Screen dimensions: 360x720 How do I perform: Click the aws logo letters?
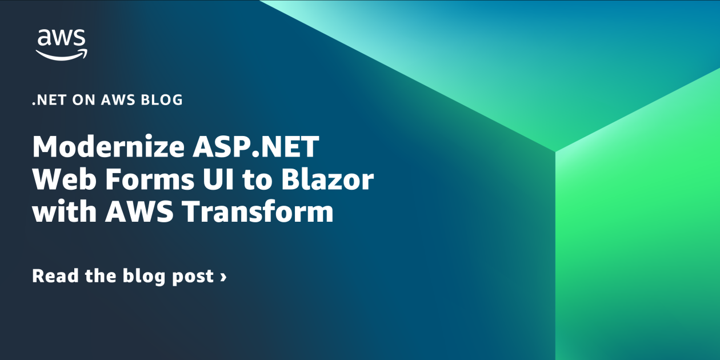coord(62,39)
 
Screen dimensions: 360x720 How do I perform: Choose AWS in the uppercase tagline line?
coord(118,100)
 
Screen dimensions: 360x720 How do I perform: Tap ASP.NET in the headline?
coord(252,149)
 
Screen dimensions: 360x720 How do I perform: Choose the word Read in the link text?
coord(53,277)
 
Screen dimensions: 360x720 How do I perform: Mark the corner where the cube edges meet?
coord(555,151)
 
